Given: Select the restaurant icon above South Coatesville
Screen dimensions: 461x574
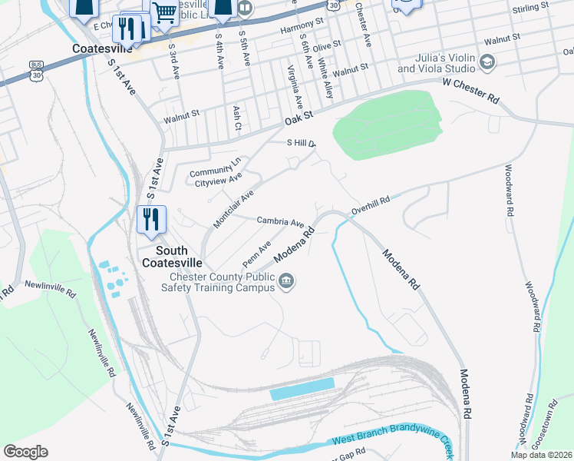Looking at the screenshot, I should [151, 219].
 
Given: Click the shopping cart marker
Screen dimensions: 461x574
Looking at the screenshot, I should [164, 12].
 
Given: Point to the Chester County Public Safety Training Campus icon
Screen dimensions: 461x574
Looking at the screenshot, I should [287, 281].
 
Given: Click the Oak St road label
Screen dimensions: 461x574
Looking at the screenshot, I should [300, 118].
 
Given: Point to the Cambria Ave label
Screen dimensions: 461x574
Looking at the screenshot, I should [280, 221].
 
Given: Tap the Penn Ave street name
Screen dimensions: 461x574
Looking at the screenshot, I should [257, 254].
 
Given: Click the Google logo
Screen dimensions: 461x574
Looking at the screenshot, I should [25, 451].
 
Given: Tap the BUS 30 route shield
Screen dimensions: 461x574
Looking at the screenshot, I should [36, 68].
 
